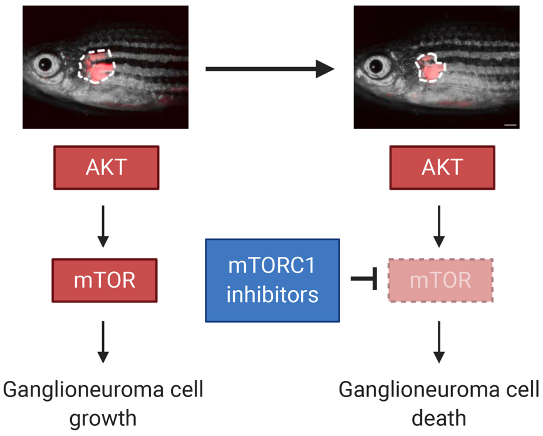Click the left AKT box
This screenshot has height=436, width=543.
pos(106,167)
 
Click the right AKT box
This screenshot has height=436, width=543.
pos(442,167)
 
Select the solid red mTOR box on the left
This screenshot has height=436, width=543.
pos(105,280)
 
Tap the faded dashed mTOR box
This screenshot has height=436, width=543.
pos(440,280)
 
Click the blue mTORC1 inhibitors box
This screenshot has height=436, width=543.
pos(272,280)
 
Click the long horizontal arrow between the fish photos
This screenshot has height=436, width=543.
pos(269,68)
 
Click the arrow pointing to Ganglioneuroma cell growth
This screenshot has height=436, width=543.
pos(104,341)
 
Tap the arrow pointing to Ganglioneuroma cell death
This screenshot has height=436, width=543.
pos(440,341)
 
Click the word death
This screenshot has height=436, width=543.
pos(439,418)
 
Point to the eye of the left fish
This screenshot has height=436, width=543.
pos(46,64)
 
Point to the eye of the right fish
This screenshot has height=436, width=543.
pos(377,65)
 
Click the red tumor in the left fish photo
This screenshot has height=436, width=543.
pos(97,65)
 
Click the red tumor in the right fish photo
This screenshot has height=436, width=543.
pos(430,66)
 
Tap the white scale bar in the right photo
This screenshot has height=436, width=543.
pos(510,125)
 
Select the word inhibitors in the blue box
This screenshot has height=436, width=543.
pos(272,294)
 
